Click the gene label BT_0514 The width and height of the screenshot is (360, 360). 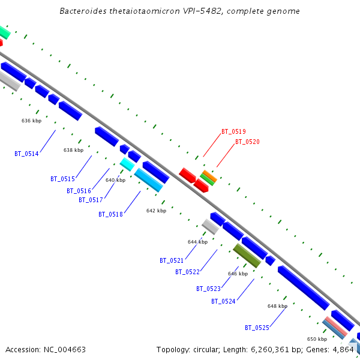click(x=26, y=154)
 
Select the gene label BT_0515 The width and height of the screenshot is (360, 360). click(x=62, y=179)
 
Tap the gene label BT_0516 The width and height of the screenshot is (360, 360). click(x=79, y=191)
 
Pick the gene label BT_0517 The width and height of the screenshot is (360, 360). click(x=91, y=200)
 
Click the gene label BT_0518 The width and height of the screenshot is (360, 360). click(x=110, y=214)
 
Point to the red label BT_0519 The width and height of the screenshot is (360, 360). click(x=233, y=131)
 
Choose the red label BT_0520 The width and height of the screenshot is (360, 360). click(x=247, y=142)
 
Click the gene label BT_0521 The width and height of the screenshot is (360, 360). click(x=172, y=260)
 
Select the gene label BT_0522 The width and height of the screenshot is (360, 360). click(x=187, y=272)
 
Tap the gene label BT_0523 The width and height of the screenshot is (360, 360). click(x=208, y=289)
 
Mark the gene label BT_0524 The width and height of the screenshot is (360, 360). click(x=223, y=301)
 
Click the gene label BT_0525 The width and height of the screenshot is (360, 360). click(x=257, y=328)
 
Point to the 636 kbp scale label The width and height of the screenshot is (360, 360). click(x=31, y=121)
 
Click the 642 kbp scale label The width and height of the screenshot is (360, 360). click(x=156, y=211)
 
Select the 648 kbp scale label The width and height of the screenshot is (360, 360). click(x=277, y=306)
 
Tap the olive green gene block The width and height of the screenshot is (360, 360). click(x=247, y=256)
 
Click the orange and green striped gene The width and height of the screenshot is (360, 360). click(x=208, y=177)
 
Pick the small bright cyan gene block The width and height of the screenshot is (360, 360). click(x=127, y=164)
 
